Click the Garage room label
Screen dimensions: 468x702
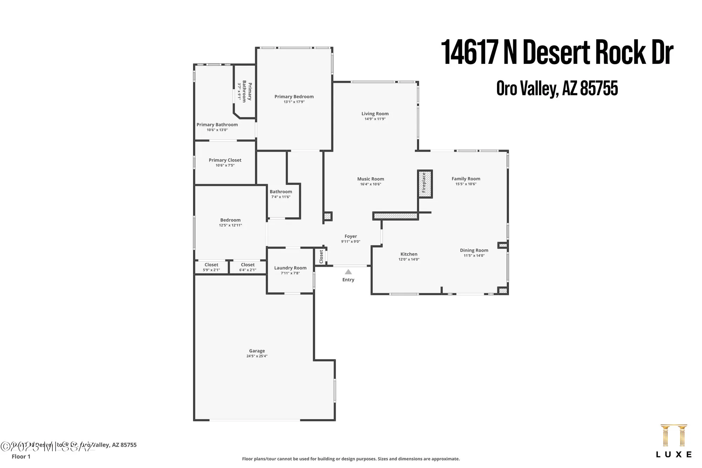pyautogui.click(x=257, y=351)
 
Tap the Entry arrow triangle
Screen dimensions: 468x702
pyautogui.click(x=348, y=272)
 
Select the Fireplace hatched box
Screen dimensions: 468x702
pyautogui.click(x=424, y=184)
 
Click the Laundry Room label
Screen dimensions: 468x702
pyautogui.click(x=290, y=268)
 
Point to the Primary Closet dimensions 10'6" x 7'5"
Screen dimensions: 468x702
pyautogui.click(x=225, y=165)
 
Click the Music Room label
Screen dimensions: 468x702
pyautogui.click(x=371, y=179)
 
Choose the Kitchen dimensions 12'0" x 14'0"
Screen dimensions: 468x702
pyautogui.click(x=409, y=259)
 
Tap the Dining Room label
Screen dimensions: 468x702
pyautogui.click(x=474, y=250)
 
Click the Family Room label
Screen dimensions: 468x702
pyautogui.click(x=466, y=179)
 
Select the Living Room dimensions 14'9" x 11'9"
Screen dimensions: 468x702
pyautogui.click(x=375, y=119)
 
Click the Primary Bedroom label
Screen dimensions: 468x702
pyautogui.click(x=294, y=97)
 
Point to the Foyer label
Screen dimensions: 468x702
pyautogui.click(x=351, y=236)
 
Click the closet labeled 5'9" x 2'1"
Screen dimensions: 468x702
pyautogui.click(x=211, y=267)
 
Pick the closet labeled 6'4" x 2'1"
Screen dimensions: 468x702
pyautogui.click(x=248, y=267)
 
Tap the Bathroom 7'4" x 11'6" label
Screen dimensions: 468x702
pyautogui.click(x=281, y=192)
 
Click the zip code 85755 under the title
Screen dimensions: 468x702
pyautogui.click(x=599, y=88)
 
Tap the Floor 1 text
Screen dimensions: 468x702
pyautogui.click(x=21, y=456)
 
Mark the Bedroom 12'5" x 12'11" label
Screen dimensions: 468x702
pyautogui.click(x=230, y=220)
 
